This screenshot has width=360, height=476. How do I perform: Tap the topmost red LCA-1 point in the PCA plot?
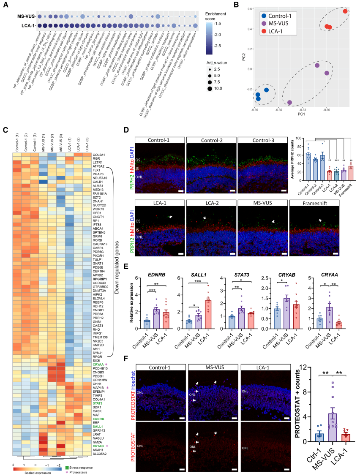[345, 11]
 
